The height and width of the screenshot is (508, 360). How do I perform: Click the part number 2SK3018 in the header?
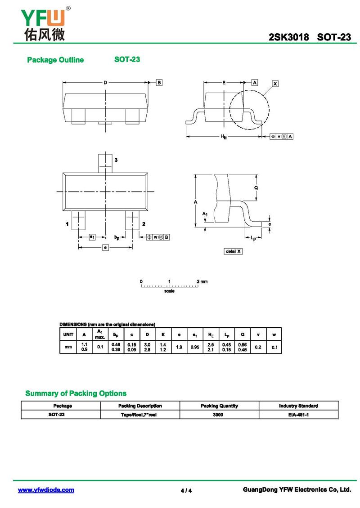[x=288, y=37]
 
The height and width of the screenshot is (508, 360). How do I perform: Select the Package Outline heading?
[x=55, y=60]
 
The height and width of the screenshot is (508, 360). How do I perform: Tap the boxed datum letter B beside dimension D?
[x=159, y=82]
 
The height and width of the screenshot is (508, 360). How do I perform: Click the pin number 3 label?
[x=116, y=160]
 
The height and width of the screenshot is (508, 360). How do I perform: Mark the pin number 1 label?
[x=67, y=224]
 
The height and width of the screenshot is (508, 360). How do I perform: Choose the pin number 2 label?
[x=144, y=224]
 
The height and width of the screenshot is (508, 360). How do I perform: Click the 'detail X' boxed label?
[x=233, y=251]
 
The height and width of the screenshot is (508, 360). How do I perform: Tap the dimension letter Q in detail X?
[x=256, y=187]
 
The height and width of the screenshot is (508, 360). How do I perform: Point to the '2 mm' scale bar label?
[x=202, y=282]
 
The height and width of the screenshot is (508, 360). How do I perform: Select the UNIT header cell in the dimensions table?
[x=68, y=334]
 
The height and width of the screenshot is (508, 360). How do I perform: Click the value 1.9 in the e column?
[x=179, y=347]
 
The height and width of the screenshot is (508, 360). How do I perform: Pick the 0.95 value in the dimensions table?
[x=195, y=347]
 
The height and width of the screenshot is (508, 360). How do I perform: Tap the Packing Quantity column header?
[x=219, y=406]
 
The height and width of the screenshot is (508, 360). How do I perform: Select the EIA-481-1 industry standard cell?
[x=298, y=414]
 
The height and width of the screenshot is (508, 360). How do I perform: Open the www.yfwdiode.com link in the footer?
[x=46, y=490]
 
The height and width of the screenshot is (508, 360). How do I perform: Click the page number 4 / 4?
[x=186, y=490]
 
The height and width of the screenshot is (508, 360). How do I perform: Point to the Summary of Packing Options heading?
[x=76, y=393]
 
